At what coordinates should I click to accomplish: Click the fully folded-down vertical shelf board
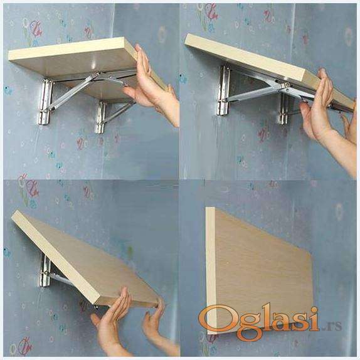pos(260,271)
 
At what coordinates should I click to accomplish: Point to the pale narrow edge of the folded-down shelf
pos(211,271)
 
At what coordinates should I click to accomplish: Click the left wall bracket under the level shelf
pos(46,102)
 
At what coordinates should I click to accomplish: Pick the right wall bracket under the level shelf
pos(100,117)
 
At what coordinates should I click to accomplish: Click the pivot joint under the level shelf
pos(98,74)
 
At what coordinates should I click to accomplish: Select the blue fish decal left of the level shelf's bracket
pos(8,90)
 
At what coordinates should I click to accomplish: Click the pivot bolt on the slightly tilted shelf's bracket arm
pos(287,85)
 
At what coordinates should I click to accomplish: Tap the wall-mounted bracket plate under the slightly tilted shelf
pos(224,90)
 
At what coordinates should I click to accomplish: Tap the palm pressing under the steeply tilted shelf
pos(112,319)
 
